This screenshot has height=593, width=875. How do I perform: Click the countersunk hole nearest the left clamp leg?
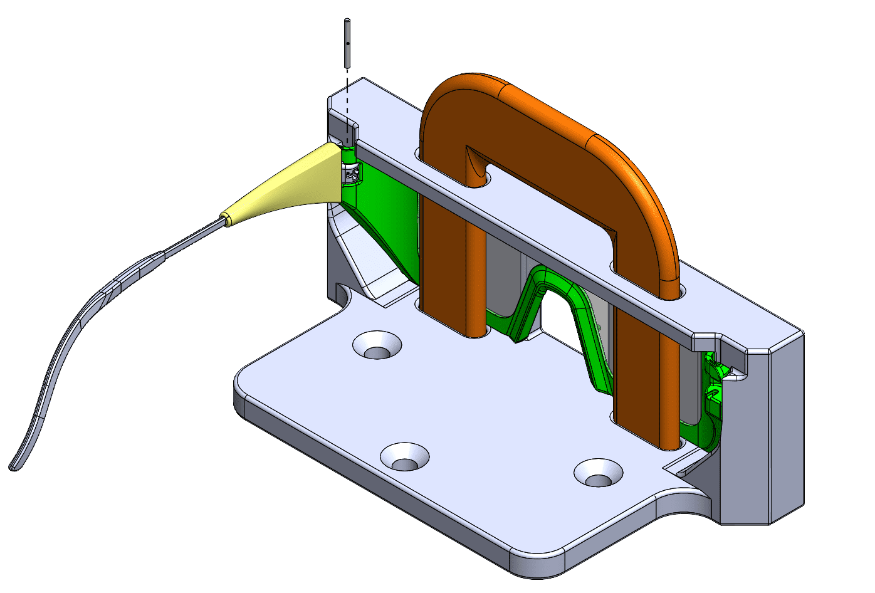377,345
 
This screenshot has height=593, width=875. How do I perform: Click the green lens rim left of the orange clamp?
382,219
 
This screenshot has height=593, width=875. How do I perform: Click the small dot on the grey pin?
347,45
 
